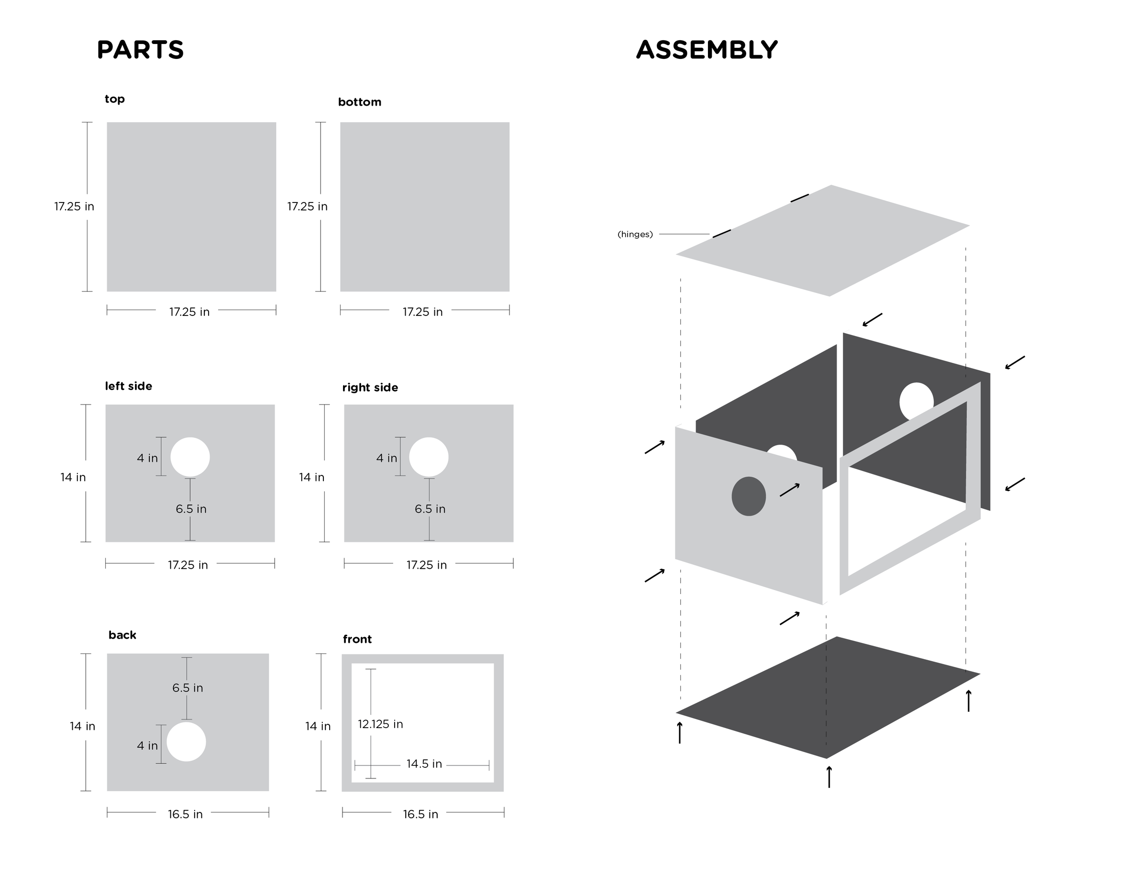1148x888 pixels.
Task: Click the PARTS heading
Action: point(140,50)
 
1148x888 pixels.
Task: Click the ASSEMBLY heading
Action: point(706,50)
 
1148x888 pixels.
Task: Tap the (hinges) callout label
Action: point(635,234)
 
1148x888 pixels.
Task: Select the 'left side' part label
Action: point(128,386)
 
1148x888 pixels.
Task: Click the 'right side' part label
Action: point(370,388)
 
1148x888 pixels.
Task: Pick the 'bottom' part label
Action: point(360,102)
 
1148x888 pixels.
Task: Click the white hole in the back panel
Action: point(186,741)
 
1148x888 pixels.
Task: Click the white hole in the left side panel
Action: point(190,457)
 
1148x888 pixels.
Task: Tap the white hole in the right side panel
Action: point(429,457)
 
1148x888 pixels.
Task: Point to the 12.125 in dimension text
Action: point(381,724)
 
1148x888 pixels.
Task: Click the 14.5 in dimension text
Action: point(424,764)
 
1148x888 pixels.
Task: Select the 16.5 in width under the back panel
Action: point(185,814)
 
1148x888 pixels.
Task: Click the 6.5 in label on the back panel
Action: point(188,687)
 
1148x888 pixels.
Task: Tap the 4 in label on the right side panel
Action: point(386,458)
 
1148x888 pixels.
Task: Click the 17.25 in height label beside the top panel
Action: point(74,206)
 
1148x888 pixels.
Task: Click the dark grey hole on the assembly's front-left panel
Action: point(749,496)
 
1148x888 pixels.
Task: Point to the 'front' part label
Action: point(357,639)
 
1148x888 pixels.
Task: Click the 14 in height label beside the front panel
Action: point(318,726)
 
